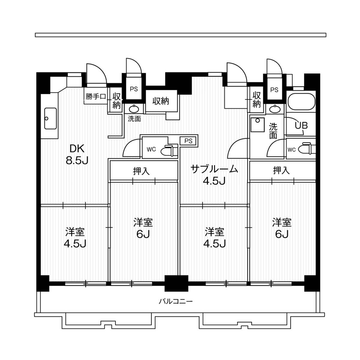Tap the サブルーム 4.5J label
point(214,175)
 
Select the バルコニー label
point(175,301)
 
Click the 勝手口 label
point(95,97)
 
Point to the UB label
point(301,126)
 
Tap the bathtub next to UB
point(301,102)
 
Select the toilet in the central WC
point(167,150)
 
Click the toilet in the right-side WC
point(307,149)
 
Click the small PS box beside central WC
point(188,141)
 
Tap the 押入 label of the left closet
point(141,171)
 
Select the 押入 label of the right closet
point(281,171)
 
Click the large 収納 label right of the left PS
point(160,101)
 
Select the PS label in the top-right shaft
point(274,90)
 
